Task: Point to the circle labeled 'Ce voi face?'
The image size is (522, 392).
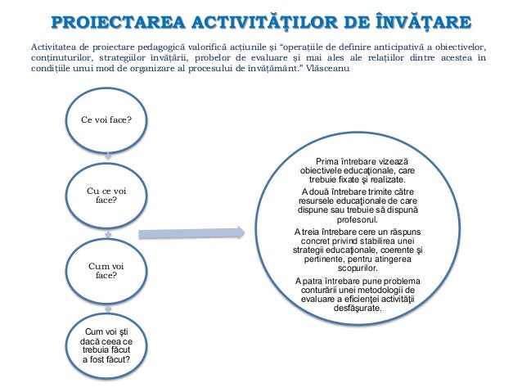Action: [x=108, y=119]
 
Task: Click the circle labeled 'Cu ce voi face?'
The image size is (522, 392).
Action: [x=106, y=194]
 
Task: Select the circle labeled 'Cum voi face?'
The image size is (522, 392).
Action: [x=106, y=270]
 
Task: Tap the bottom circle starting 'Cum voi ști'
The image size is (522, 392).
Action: [x=108, y=344]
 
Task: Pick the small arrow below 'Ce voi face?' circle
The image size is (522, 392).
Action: [x=108, y=155]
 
